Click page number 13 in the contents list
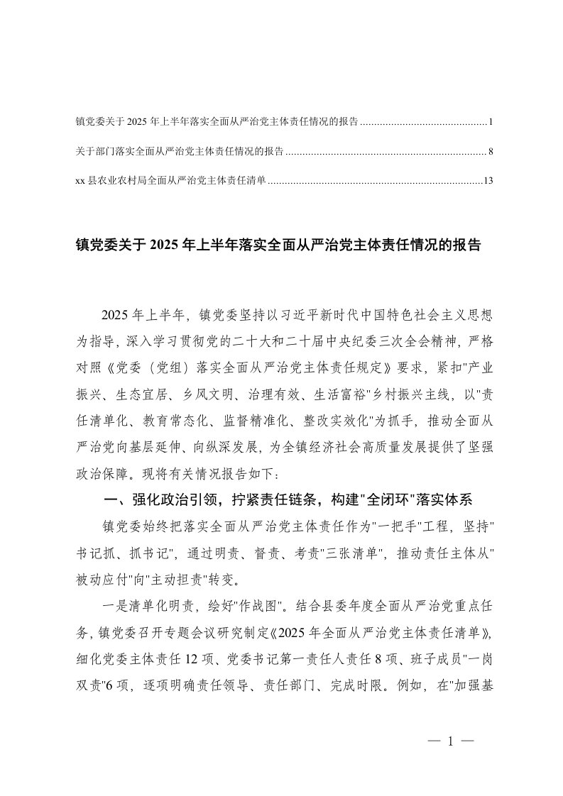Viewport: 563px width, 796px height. pos(486,181)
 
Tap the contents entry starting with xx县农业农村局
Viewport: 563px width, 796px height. pos(170,181)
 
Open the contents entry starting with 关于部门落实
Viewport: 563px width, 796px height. pos(180,152)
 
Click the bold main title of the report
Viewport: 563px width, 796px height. pos(278,245)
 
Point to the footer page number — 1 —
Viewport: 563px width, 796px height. pos(449,741)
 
